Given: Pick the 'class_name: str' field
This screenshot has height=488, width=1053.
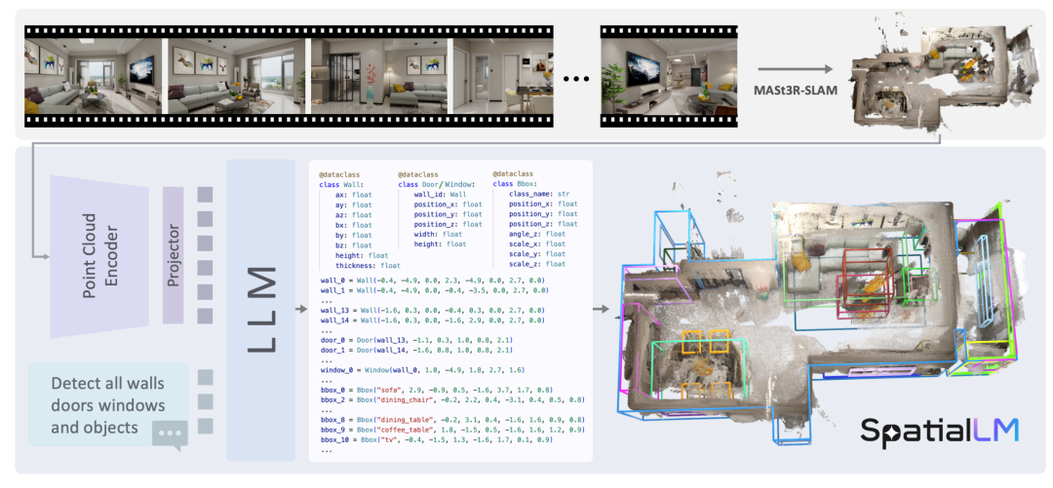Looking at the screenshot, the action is (x=542, y=193).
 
